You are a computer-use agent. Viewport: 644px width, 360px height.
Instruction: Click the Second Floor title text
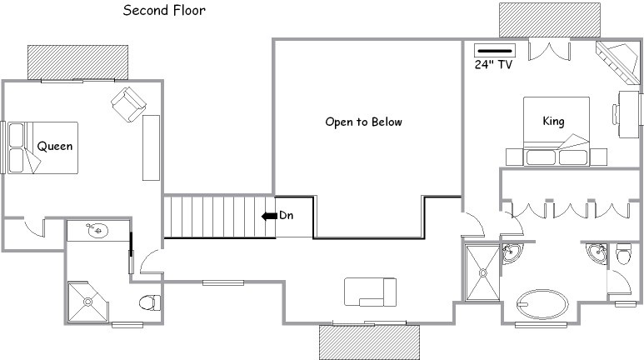coord(164,10)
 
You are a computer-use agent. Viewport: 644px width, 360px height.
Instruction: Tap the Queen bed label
coord(55,147)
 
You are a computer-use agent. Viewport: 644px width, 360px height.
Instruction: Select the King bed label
coord(553,121)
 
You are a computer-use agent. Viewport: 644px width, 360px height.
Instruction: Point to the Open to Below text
coord(363,122)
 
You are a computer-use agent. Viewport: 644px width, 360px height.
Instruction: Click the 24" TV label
coord(493,64)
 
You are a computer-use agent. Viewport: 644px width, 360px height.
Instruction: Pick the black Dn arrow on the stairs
coord(269,216)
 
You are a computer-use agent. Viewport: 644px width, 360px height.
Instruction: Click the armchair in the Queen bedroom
coord(128,104)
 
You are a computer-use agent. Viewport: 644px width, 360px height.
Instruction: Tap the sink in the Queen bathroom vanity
coord(97,231)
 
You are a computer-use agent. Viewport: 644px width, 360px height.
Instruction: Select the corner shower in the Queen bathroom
coord(87,302)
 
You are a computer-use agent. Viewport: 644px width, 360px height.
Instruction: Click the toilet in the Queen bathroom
coord(150,302)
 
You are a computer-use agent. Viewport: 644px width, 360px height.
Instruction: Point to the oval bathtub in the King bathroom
coord(542,304)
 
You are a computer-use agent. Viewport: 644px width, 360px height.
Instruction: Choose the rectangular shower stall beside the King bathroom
coord(482,272)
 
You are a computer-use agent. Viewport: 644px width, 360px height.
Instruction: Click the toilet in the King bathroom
coord(623,254)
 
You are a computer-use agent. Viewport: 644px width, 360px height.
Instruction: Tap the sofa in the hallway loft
coord(370,292)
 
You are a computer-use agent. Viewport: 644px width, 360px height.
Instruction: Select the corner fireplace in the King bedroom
coord(617,62)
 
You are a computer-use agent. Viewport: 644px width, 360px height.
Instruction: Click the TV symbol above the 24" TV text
coord(495,51)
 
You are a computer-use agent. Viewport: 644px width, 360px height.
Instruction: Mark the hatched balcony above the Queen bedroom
coord(77,62)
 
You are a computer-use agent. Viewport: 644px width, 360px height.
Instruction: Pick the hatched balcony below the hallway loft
coord(369,342)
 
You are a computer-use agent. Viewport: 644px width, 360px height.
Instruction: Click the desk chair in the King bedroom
coord(616,115)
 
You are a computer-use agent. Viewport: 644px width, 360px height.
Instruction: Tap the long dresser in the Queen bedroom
coord(151,148)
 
